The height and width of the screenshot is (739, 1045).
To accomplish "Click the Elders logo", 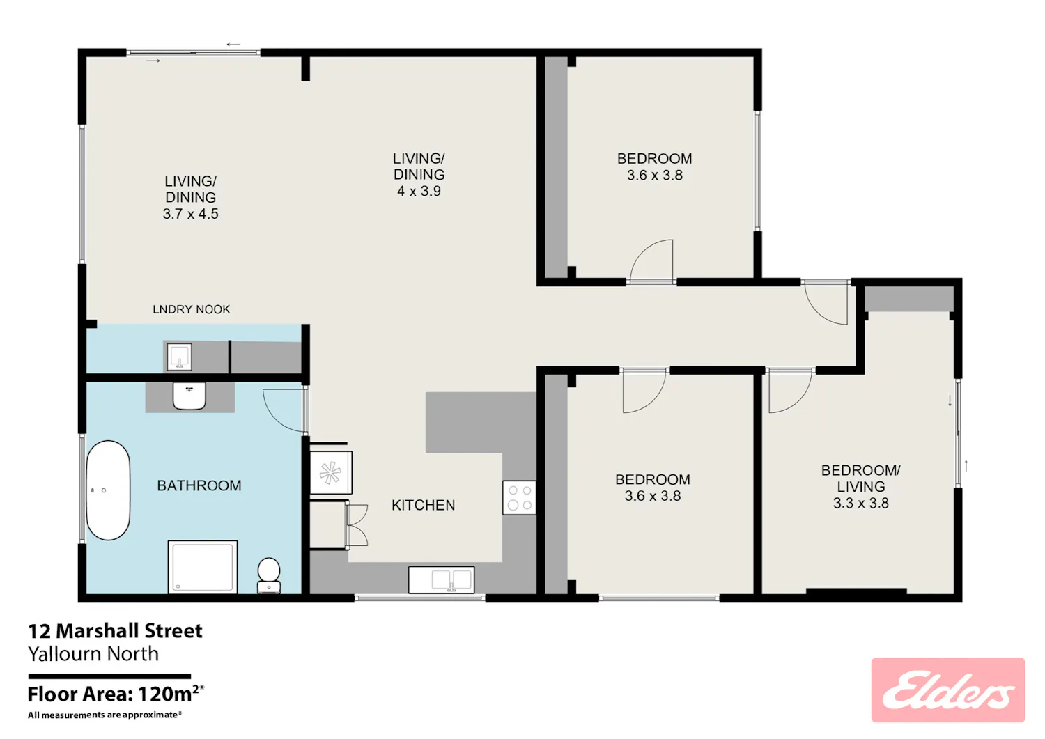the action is pyautogui.click(x=947, y=690).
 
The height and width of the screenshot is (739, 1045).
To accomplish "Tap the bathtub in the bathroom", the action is pyautogui.click(x=108, y=490).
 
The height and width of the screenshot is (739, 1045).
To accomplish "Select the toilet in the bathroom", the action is pyautogui.click(x=269, y=575).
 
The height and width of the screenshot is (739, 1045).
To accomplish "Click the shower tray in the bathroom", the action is pyautogui.click(x=203, y=567).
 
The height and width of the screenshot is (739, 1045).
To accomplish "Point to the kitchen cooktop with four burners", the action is pyautogui.click(x=519, y=497).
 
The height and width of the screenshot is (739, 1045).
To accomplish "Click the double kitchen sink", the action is pyautogui.click(x=441, y=580).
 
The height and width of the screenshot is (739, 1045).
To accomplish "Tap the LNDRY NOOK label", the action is pyautogui.click(x=192, y=309).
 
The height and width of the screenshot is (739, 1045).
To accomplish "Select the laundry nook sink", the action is pyautogui.click(x=179, y=357).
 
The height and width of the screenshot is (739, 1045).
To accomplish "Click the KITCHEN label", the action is pyautogui.click(x=423, y=505).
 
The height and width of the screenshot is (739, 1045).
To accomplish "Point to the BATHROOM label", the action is pyautogui.click(x=199, y=485).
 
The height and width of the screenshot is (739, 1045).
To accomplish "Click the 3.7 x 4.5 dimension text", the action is pyautogui.click(x=190, y=214).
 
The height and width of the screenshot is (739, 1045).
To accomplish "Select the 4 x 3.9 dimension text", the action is pyautogui.click(x=419, y=191).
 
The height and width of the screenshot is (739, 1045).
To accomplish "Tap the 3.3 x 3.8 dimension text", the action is pyautogui.click(x=860, y=504).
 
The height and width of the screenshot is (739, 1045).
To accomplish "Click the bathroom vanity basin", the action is pyautogui.click(x=189, y=396).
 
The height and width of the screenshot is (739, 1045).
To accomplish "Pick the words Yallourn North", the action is pyautogui.click(x=93, y=653).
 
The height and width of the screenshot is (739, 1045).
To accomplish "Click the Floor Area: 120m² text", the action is pyautogui.click(x=116, y=694).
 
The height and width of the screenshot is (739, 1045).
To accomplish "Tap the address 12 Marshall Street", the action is pyautogui.click(x=115, y=631).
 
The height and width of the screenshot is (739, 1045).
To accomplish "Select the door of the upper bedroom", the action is pyautogui.click(x=651, y=261).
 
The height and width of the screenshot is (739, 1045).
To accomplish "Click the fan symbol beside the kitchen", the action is pyautogui.click(x=330, y=473).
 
